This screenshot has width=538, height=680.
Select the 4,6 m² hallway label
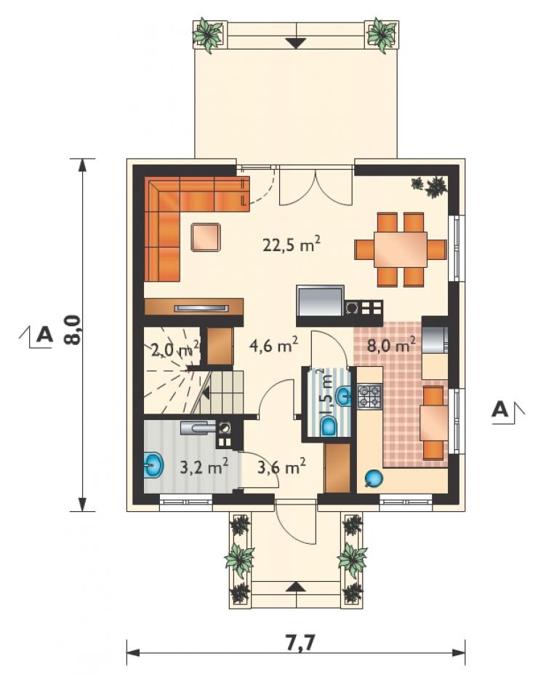click(274, 345)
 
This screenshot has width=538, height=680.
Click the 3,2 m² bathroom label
click(204, 467)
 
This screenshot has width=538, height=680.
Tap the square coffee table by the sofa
click(206, 237)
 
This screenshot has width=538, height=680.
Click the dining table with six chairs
click(401, 250)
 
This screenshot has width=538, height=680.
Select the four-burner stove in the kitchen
click(369, 396)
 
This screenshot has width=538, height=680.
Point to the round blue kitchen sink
click(374, 479)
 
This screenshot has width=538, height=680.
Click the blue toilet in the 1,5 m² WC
click(330, 425)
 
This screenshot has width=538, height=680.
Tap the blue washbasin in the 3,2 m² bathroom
click(153, 464)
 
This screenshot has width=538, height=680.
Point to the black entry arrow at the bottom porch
click(296, 585)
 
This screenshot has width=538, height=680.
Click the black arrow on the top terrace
click(297, 43)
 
